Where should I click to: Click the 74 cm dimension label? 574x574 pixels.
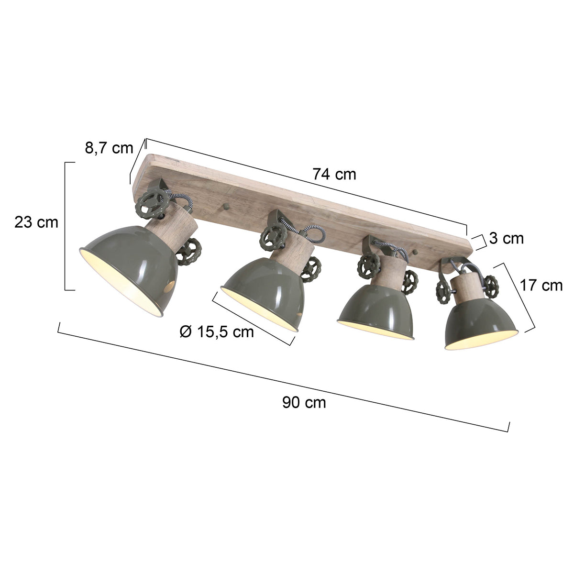(x=334, y=175)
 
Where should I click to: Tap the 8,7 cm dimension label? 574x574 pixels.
(x=109, y=148)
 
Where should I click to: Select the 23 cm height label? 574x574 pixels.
(x=36, y=222)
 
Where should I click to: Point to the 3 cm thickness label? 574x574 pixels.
(x=507, y=238)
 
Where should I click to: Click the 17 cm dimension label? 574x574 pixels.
(x=541, y=286)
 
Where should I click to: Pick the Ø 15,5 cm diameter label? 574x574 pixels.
(x=217, y=331)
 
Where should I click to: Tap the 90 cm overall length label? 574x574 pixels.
(x=304, y=402)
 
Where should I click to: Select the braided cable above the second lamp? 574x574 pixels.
(x=306, y=230)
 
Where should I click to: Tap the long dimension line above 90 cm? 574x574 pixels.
(x=282, y=378)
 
